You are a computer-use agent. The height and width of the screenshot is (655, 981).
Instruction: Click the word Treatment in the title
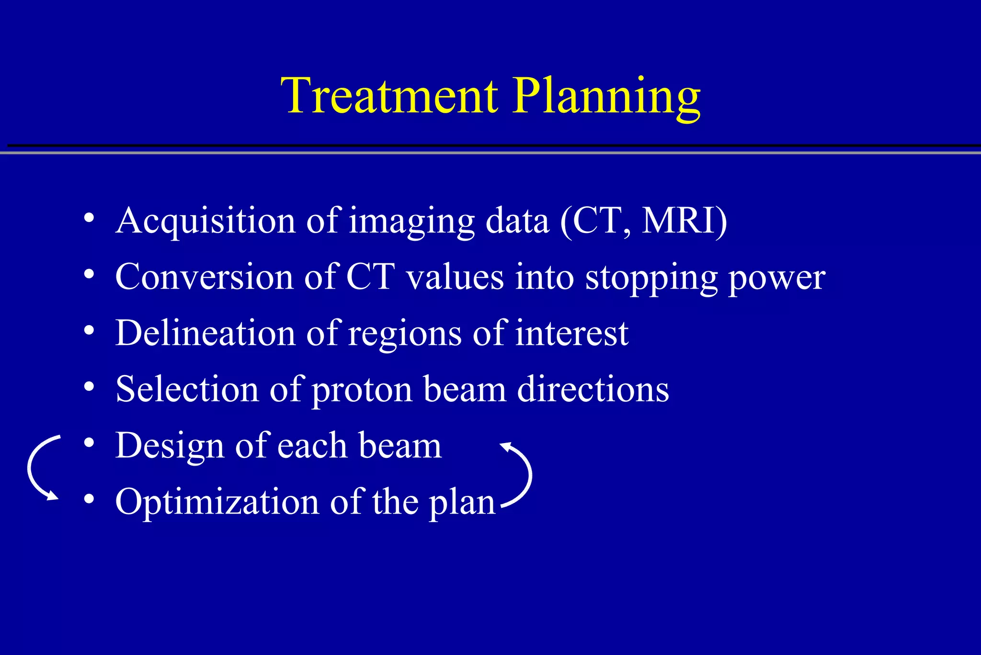(389, 96)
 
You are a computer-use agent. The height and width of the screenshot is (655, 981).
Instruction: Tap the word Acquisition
(205, 222)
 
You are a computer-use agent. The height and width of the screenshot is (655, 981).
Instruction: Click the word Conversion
(204, 277)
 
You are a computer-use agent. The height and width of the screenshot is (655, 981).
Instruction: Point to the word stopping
(651, 278)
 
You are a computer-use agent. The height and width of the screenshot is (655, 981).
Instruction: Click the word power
(777, 279)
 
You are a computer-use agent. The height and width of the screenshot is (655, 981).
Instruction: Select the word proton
(362, 390)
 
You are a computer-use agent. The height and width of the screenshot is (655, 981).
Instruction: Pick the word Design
(170, 446)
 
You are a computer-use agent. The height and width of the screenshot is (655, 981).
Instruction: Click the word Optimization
(217, 503)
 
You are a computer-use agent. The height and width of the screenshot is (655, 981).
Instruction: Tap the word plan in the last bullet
(462, 503)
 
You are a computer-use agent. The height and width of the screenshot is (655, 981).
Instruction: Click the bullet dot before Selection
(89, 387)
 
